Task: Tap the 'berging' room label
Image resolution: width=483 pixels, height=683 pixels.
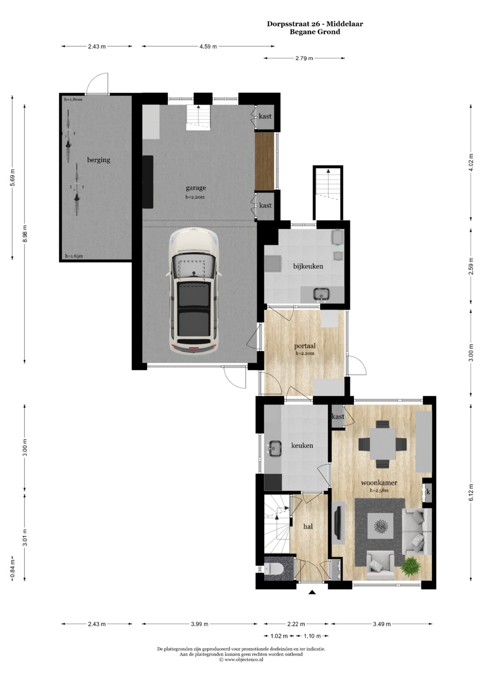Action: click(x=98, y=160)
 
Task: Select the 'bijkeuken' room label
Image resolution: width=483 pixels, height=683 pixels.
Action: click(x=308, y=266)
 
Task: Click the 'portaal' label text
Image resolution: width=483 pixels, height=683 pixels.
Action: click(x=305, y=346)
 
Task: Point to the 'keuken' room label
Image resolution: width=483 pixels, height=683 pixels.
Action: click(x=302, y=445)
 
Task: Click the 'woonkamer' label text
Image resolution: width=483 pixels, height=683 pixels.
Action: click(x=379, y=483)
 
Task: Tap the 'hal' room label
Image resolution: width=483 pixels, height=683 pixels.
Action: click(x=308, y=526)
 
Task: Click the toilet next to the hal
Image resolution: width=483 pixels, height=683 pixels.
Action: click(x=274, y=568)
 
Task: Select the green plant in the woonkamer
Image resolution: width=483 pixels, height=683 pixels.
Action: click(x=411, y=566)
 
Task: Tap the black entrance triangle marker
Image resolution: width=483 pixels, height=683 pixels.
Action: click(x=312, y=593)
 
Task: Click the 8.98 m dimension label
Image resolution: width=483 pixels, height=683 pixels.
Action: click(x=25, y=234)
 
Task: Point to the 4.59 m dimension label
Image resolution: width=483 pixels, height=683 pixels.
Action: click(x=208, y=47)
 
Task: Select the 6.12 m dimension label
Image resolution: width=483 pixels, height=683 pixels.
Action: click(x=471, y=492)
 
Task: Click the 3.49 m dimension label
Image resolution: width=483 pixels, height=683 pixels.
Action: click(x=381, y=624)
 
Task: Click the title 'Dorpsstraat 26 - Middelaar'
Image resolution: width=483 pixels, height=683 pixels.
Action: click(x=315, y=24)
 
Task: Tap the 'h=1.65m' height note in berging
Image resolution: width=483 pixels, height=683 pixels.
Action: click(x=74, y=256)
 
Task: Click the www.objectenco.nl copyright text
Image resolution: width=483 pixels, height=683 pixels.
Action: click(x=241, y=660)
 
